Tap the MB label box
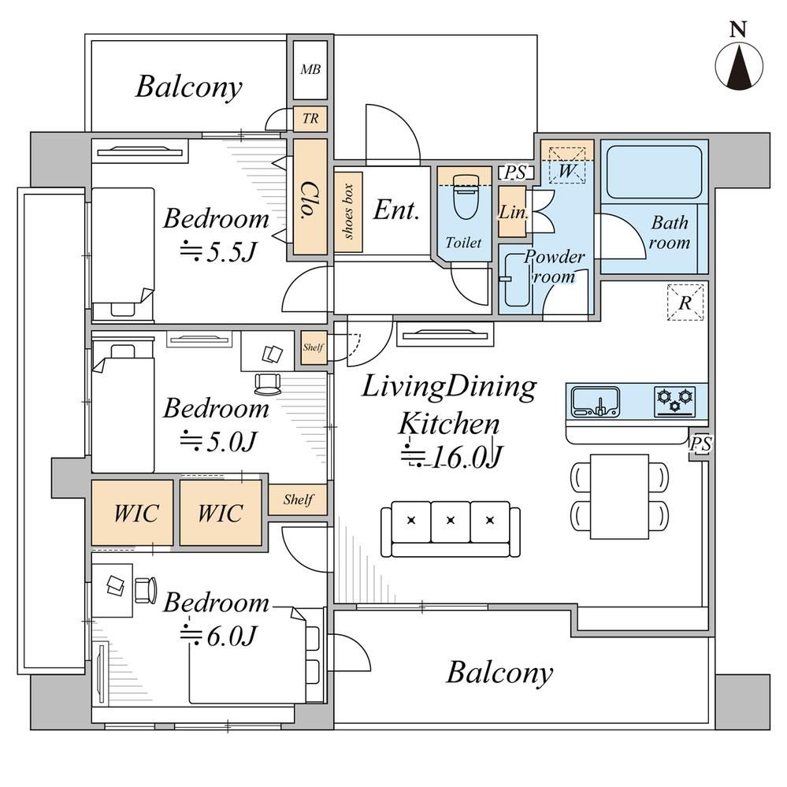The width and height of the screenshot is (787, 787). (x=310, y=70)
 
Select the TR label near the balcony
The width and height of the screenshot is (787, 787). (x=310, y=118)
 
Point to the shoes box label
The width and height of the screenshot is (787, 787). (x=348, y=211)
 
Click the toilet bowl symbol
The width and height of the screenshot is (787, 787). (x=465, y=196)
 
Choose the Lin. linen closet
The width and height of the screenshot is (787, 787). (x=512, y=212)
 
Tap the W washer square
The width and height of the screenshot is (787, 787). (x=566, y=165)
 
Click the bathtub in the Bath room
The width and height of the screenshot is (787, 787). (x=654, y=173)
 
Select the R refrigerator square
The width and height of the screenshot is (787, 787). (x=685, y=303)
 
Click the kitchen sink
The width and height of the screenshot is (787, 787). (x=596, y=402)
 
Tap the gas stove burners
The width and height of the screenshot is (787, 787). (x=675, y=402)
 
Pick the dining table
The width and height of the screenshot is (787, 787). (x=619, y=496)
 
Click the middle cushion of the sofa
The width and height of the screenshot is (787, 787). (x=451, y=522)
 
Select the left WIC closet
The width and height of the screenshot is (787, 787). (x=132, y=513)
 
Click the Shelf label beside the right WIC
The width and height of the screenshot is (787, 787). (x=298, y=499)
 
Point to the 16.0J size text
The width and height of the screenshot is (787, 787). (x=451, y=456)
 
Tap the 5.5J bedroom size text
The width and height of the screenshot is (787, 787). (x=219, y=252)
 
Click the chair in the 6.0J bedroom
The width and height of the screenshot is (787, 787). (x=146, y=590)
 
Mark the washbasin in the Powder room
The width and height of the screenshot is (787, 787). (x=516, y=280)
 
